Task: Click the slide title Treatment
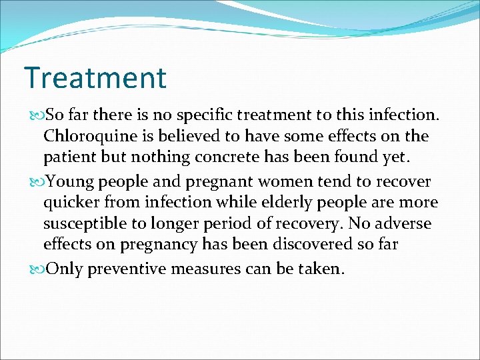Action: (95, 77)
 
